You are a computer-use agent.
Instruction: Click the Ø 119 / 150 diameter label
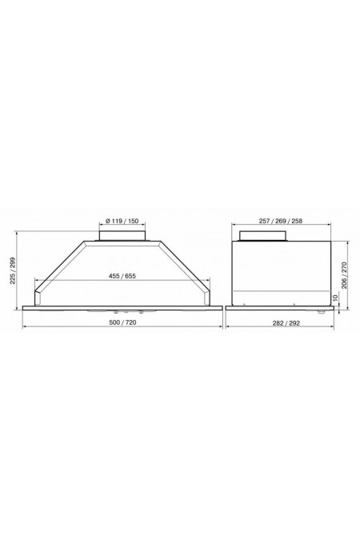[x=122, y=221]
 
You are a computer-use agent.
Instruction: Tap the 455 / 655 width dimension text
[x=122, y=276]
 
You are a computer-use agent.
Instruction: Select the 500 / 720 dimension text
[x=122, y=322]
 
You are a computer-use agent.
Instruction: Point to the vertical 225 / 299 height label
[x=13, y=270]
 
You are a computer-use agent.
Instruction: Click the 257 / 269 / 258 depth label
[x=281, y=221]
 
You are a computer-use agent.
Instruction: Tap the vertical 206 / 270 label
[x=344, y=275]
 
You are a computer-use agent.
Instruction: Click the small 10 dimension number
[x=336, y=298]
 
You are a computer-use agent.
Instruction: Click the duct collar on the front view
[x=122, y=236]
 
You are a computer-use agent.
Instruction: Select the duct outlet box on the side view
[x=263, y=235]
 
